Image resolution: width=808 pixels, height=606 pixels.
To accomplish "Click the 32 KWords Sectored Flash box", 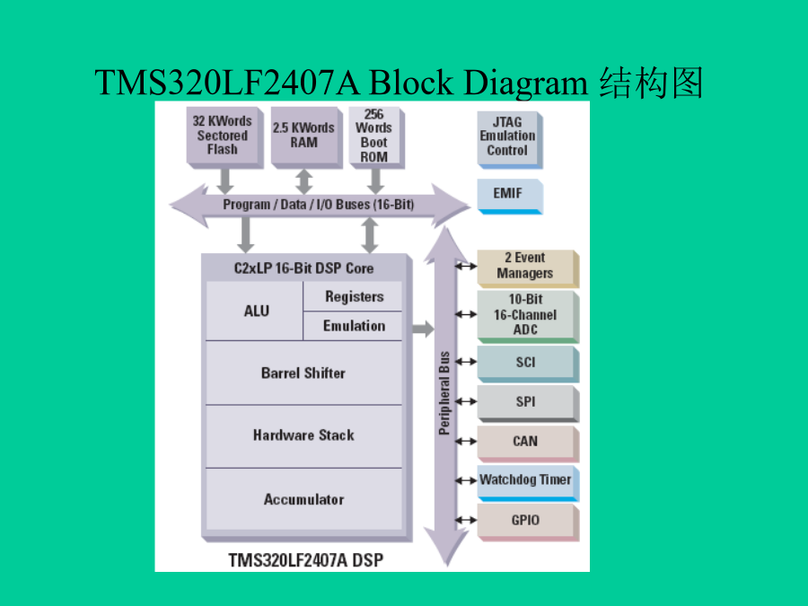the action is (x=224, y=137).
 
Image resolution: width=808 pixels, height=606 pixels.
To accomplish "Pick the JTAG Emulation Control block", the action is (x=510, y=139).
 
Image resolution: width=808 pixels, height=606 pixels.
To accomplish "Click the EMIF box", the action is (x=510, y=196).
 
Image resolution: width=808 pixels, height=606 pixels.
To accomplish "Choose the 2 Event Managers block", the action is (x=528, y=268).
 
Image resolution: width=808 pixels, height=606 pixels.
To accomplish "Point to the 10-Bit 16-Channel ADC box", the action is (x=528, y=316).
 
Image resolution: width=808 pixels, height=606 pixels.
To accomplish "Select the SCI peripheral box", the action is (x=528, y=364).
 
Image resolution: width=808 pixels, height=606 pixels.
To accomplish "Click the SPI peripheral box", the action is (x=528, y=403).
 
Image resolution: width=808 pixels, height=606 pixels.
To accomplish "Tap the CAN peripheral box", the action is (x=528, y=444).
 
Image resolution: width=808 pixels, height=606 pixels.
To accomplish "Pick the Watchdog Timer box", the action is (x=528, y=483).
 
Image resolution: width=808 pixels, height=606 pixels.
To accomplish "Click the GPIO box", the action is (x=528, y=522).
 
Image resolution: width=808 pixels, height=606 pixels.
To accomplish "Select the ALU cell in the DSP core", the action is (x=255, y=311).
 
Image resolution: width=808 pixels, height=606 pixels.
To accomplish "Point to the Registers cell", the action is (x=353, y=296).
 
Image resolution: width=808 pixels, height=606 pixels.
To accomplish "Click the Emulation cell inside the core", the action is (x=353, y=326).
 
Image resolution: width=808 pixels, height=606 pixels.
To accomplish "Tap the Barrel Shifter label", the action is (x=303, y=373).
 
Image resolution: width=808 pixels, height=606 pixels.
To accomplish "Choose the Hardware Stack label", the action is (x=303, y=435).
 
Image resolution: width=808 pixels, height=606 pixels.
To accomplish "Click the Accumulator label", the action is (x=304, y=499).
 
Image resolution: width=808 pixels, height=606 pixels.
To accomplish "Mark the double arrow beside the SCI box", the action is (x=466, y=362).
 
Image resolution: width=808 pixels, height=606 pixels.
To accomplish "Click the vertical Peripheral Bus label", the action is (x=444, y=393).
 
